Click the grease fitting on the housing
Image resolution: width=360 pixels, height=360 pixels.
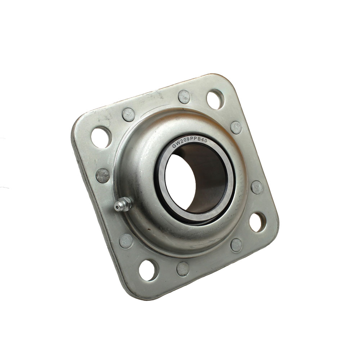123,204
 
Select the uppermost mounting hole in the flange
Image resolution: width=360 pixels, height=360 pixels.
215,99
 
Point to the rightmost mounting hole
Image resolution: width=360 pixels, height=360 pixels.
258,222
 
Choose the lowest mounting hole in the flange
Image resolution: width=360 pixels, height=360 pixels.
148,270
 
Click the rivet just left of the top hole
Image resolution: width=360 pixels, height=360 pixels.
184,96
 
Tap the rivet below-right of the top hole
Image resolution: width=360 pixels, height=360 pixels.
236,127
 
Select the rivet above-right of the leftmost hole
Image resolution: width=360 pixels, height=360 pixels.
129,114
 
